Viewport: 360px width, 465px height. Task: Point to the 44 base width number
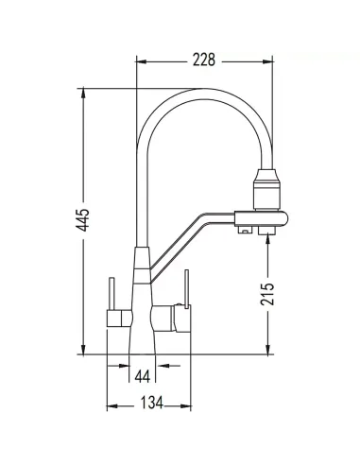click(143, 375)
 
